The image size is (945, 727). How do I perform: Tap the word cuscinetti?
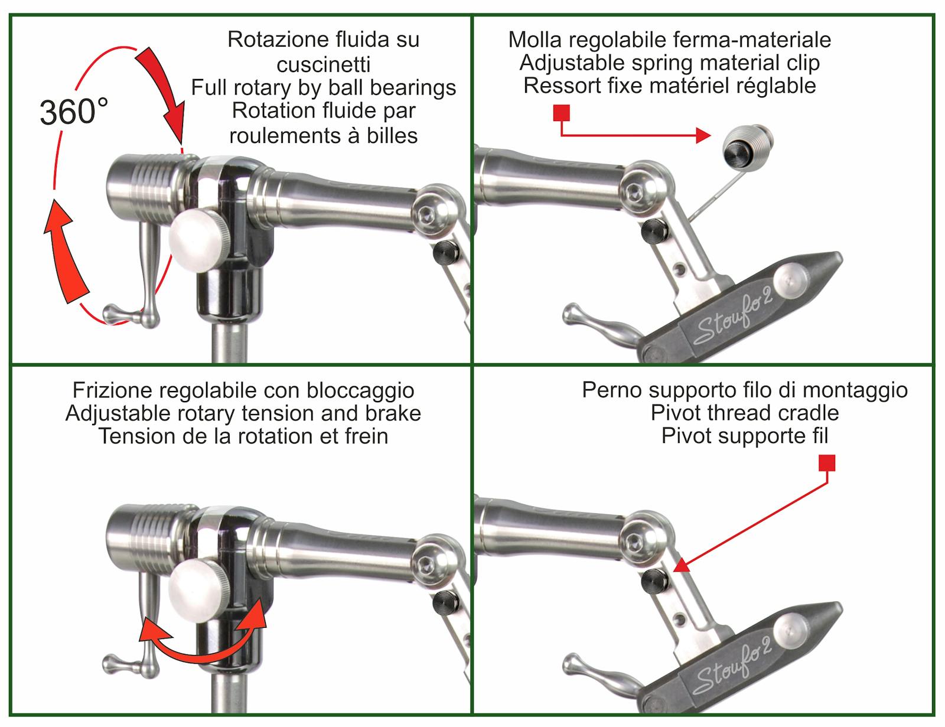point(323,64)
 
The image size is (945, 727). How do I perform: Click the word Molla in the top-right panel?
point(533,40)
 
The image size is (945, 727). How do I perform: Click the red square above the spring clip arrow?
point(561,113)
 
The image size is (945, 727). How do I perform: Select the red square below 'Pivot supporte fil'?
point(827,463)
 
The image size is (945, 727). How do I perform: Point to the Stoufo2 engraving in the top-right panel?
point(733,316)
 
